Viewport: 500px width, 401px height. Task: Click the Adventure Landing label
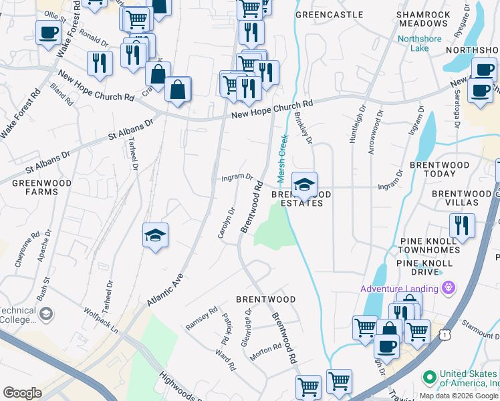pyautogui.click(x=399, y=289)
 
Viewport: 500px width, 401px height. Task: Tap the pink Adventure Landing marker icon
pyautogui.click(x=448, y=289)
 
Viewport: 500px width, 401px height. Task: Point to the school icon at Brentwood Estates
pyautogui.click(x=304, y=185)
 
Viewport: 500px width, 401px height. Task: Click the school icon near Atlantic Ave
pyautogui.click(x=155, y=235)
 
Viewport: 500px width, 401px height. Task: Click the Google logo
pyautogui.click(x=22, y=393)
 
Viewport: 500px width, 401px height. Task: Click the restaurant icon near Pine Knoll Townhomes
pyautogui.click(x=462, y=225)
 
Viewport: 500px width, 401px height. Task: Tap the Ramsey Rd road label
pyautogui.click(x=202, y=318)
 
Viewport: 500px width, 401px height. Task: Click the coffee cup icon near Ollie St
pyautogui.click(x=49, y=33)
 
